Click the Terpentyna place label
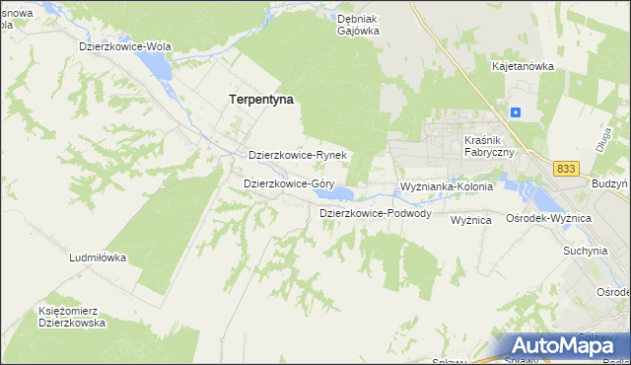[261, 100]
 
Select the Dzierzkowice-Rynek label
[297, 156]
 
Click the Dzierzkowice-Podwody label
[376, 213]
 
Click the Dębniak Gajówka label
[358, 25]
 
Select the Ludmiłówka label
[98, 257]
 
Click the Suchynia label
[585, 251]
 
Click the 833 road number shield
[565, 170]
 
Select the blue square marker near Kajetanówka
[515, 112]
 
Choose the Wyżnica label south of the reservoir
[471, 221]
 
